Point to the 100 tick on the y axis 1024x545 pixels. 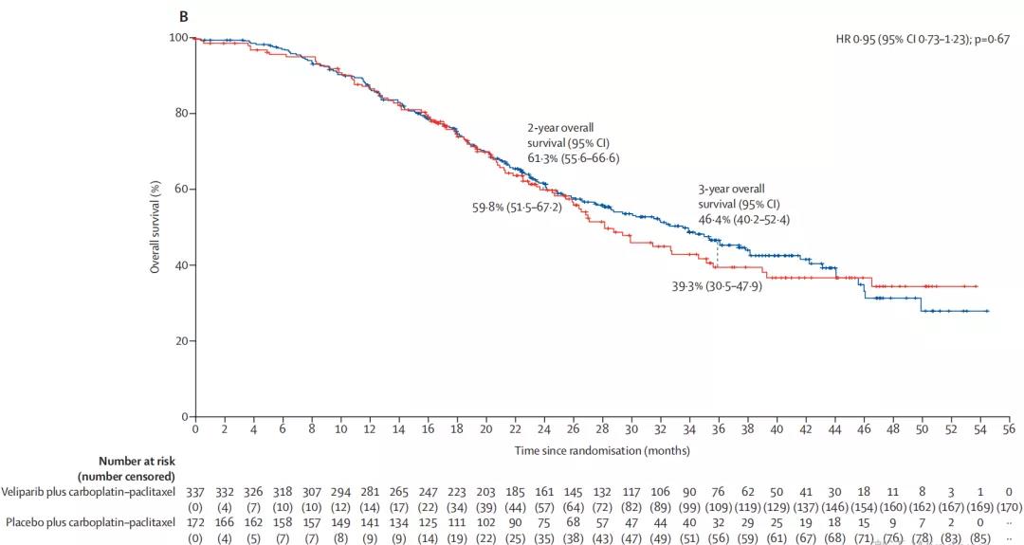[x=176, y=38]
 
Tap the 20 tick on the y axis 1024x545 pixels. [x=180, y=341]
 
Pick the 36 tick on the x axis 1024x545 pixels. [x=718, y=429]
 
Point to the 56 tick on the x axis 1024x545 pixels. [x=1009, y=429]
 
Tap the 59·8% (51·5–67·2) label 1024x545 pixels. [x=517, y=207]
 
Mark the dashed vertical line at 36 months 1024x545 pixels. [x=718, y=253]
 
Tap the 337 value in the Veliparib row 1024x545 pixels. [x=194, y=493]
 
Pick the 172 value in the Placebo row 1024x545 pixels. [x=194, y=522]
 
